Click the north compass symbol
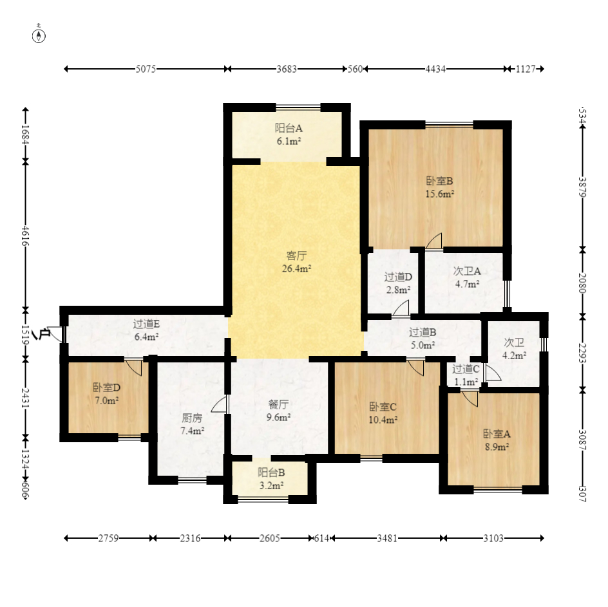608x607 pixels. tap(39, 35)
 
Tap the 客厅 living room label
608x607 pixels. tap(296, 256)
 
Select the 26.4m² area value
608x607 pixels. tap(297, 268)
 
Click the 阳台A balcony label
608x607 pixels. tap(289, 128)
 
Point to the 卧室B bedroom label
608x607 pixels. tap(439, 181)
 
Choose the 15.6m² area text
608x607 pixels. tap(440, 194)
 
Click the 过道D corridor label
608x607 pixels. tap(398, 277)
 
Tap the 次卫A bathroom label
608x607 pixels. tap(467, 271)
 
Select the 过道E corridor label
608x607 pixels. tap(146, 324)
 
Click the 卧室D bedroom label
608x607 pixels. tap(107, 388)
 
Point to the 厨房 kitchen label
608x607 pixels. tap(192, 418)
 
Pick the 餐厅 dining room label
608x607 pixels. tap(278, 405)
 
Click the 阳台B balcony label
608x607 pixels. tap(271, 472)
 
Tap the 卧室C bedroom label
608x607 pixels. tap(383, 407)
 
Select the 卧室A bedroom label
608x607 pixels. tap(497, 434)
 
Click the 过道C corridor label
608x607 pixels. tap(466, 369)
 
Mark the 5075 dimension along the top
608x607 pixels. tap(146, 69)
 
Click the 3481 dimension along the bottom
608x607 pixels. tap(387, 538)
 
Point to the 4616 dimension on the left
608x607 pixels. tap(25, 236)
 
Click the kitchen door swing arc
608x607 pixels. tap(218, 403)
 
